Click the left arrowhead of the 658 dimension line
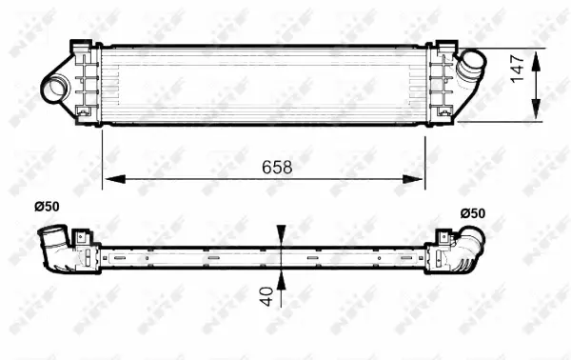point(108,178)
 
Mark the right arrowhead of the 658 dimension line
point(419,178)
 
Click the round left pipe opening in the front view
point(53,88)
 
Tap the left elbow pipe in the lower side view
point(53,247)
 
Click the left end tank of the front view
point(87,84)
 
